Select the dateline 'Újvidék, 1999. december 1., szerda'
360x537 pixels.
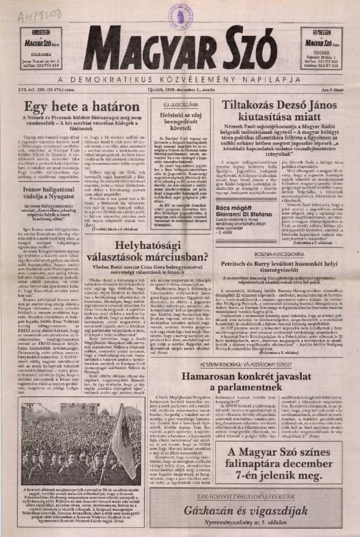tap(180, 90)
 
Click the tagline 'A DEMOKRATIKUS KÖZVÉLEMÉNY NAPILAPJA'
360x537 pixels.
tap(181, 79)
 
